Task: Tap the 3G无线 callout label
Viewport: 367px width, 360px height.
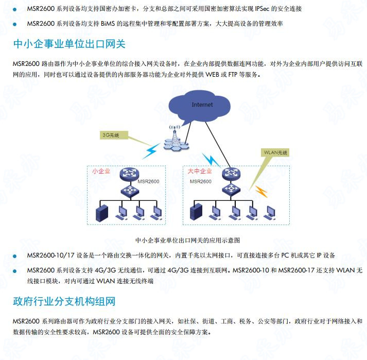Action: tap(114, 135)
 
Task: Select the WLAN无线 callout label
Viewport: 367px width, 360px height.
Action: tap(275, 152)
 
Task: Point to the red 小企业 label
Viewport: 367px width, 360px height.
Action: tap(101, 171)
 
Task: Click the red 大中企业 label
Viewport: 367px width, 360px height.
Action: tap(200, 171)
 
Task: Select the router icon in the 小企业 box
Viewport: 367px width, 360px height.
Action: tap(129, 174)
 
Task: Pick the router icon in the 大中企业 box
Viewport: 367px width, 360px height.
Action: tap(231, 174)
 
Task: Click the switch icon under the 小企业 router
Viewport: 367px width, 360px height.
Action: tap(130, 190)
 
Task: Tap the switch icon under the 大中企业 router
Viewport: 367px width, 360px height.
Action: tap(231, 189)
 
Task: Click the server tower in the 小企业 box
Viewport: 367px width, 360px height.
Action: tap(102, 213)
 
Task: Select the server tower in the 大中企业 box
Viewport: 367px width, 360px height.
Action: tap(196, 212)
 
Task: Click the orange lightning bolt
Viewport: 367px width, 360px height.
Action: tap(261, 192)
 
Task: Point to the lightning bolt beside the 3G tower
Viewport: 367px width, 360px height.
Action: tap(151, 151)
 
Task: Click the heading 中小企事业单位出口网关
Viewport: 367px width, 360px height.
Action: tap(69, 44)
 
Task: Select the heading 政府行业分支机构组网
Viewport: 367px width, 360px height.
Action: tap(64, 301)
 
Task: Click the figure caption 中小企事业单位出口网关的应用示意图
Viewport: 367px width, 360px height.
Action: tap(188, 241)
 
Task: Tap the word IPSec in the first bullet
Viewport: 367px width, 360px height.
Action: tap(262, 9)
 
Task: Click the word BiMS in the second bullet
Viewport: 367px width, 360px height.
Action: tap(108, 24)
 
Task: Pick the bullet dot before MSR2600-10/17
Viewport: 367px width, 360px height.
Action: tap(15, 256)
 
